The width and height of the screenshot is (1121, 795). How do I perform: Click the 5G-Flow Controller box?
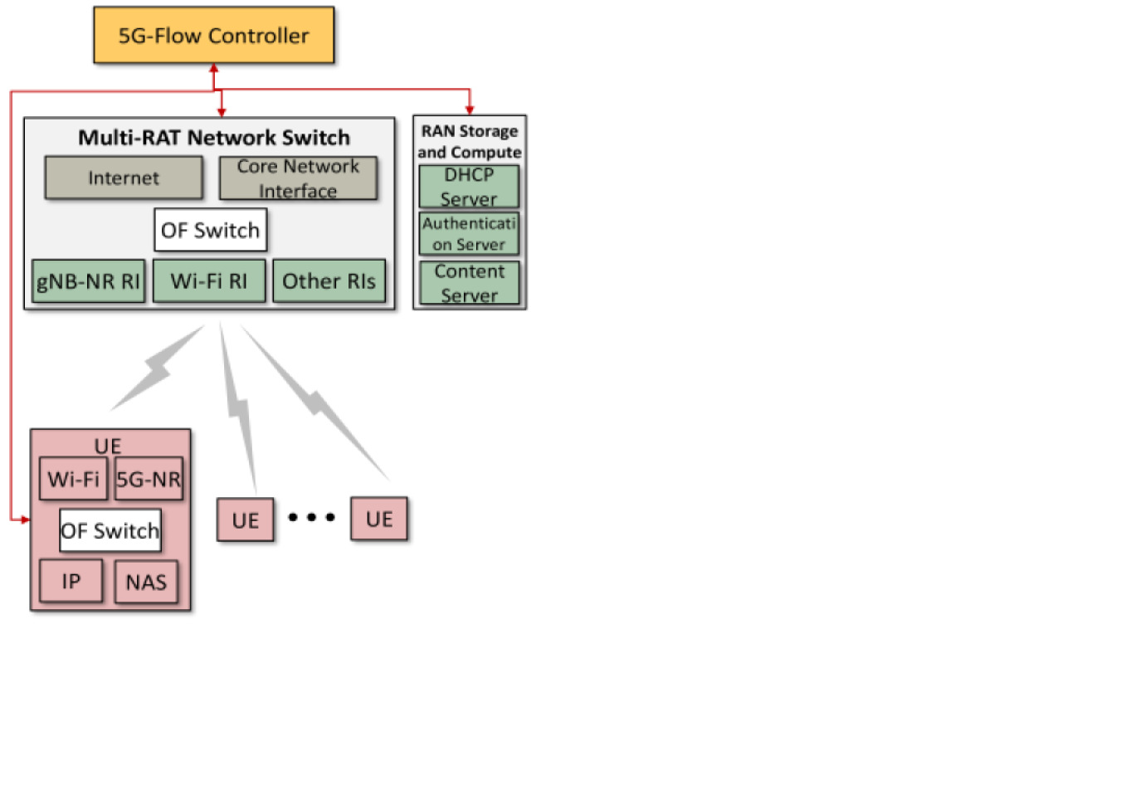214,36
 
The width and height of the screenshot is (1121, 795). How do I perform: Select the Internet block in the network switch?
124,178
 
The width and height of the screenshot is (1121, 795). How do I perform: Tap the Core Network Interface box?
298,178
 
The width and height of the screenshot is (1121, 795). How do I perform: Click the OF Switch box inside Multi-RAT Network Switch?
210,230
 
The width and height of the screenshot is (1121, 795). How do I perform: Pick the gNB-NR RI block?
88,281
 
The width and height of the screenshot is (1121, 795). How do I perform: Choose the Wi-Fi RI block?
209,281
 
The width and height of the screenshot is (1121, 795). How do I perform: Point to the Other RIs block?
329,281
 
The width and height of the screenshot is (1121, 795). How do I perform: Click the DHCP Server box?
469,187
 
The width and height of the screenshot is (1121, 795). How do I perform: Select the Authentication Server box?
469,234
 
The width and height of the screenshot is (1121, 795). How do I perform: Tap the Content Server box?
469,283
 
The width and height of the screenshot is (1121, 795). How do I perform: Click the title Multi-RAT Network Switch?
214,138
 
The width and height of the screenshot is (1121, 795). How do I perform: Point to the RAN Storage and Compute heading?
469,141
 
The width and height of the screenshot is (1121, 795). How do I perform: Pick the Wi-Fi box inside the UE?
73,479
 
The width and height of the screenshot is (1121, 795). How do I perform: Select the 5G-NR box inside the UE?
149,479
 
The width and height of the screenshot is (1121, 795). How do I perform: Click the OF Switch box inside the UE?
110,531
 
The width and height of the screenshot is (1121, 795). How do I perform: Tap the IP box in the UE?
71,581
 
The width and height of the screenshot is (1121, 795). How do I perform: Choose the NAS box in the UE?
146,582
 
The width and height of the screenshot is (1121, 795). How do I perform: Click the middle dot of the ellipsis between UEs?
311,517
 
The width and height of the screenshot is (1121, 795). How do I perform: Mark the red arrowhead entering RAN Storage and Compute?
470,110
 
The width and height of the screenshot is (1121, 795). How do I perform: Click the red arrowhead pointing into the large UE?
25,520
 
